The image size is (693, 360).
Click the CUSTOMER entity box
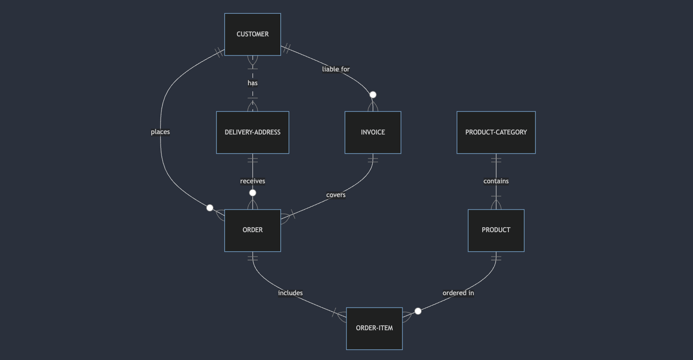click(252, 34)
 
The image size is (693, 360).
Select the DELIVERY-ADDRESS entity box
click(252, 132)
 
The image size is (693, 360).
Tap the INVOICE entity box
click(373, 132)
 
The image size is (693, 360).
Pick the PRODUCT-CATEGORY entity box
click(496, 132)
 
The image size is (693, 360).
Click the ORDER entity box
click(252, 230)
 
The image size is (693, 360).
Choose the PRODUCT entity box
click(496, 230)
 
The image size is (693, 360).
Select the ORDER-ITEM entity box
click(374, 328)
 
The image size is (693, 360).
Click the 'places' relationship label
click(160, 132)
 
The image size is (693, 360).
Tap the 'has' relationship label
click(252, 83)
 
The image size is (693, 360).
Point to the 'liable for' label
click(336, 69)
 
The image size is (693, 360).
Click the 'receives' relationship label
click(252, 181)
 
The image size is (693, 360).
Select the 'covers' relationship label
click(336, 195)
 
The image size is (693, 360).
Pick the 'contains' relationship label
click(496, 181)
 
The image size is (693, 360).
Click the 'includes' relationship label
click(290, 293)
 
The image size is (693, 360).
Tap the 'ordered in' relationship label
click(458, 293)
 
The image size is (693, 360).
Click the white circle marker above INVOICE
click(373, 95)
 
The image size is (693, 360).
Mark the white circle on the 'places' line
click(210, 208)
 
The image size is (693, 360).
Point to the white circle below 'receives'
click(252, 193)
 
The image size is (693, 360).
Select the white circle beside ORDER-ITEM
click(418, 311)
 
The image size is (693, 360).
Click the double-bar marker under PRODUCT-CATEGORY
click(496, 159)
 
